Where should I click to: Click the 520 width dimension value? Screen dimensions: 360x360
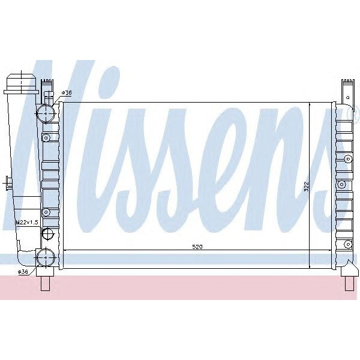[197, 247]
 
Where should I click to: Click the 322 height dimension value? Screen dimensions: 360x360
[305, 187]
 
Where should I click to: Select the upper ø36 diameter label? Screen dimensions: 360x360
[67, 92]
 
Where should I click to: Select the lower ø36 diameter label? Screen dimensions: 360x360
[23, 272]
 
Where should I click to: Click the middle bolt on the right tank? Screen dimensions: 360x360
[343, 184]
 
